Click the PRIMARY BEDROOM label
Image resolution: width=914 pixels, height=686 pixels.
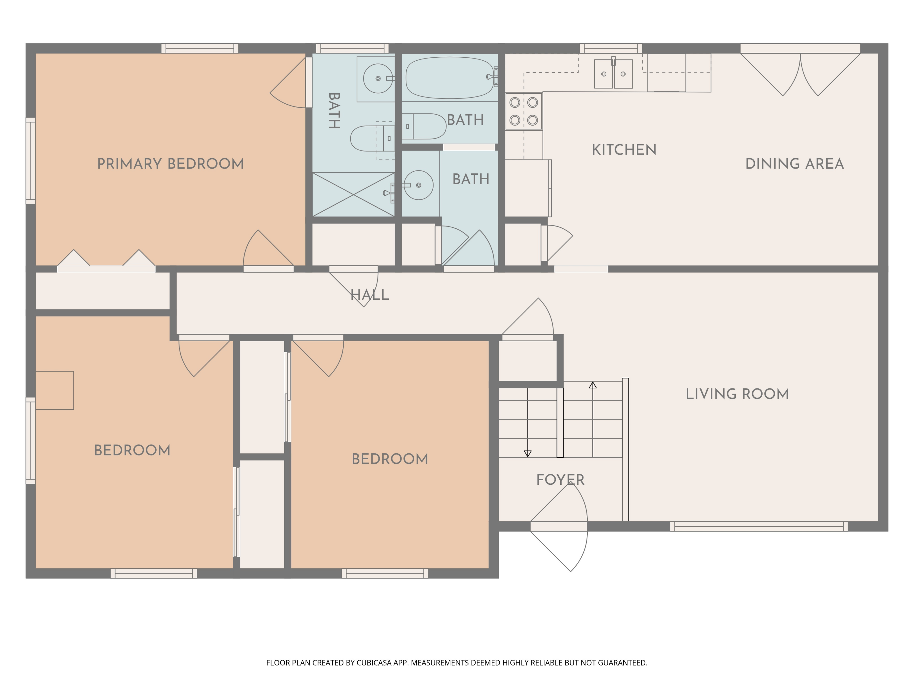(170, 164)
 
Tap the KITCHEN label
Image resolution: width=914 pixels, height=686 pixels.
(624, 150)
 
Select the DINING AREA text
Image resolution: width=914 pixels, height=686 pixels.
(794, 164)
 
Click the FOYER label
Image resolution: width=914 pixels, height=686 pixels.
(560, 480)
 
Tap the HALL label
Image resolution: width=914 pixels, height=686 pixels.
(369, 295)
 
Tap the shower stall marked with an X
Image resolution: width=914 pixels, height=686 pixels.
(353, 194)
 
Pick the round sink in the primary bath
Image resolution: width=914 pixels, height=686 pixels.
(378, 78)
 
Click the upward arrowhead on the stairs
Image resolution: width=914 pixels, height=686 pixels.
(593, 385)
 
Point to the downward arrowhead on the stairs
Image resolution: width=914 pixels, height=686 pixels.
(528, 454)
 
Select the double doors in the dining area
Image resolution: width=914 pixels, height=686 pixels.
(800, 74)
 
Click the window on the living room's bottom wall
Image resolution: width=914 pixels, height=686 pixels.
(759, 526)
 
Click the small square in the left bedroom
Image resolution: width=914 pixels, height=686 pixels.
(55, 390)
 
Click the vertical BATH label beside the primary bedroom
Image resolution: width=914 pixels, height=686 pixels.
(334, 111)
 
